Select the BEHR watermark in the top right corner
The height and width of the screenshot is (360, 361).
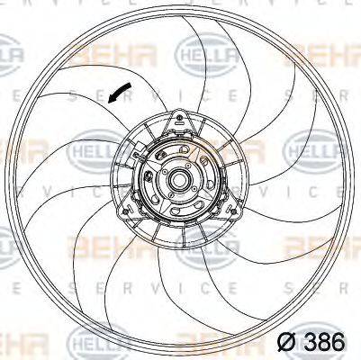[320, 58]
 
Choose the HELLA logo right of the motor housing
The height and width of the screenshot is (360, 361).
[310, 150]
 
